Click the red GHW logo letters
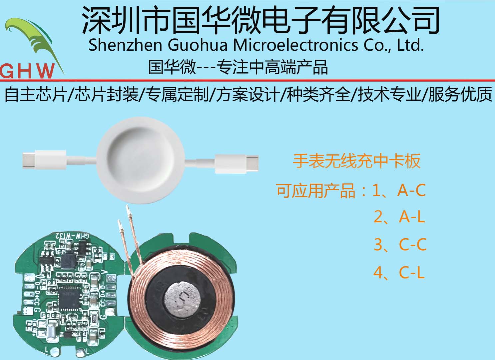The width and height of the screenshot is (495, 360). coord(27,71)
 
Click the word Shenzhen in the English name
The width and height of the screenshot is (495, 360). coord(125,45)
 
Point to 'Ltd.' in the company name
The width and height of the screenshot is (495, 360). coord(410,45)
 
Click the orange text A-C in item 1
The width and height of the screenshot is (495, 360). coord(411,190)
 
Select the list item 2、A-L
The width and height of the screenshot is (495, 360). coord(399,217)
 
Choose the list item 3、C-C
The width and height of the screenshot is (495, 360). coord(400,245)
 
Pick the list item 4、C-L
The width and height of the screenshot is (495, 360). coord(399,273)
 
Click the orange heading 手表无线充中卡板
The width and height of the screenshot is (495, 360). coord(356,161)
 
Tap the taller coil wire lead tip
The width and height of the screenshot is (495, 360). coord(127,210)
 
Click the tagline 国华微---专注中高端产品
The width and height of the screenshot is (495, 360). coord(238,67)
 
